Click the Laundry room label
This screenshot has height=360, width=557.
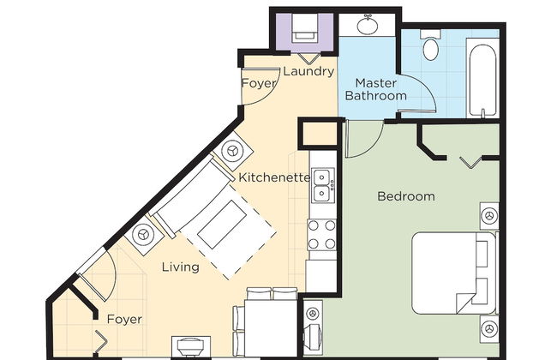coord(308,72)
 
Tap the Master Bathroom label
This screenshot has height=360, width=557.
coord(376,89)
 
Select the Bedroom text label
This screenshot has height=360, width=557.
coord(406,196)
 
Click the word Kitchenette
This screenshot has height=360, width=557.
coord(274,177)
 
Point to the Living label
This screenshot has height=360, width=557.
coord(181,267)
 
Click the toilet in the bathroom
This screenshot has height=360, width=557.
coord(431,45)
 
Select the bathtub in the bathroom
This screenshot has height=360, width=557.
coord(482,80)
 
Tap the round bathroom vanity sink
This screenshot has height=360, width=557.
coord(368,25)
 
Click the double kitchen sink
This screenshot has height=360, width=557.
coord(323,185)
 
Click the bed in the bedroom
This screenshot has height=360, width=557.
coord(454,273)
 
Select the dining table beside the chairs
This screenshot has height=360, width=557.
coord(270,327)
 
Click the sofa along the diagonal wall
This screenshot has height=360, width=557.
coord(193,198)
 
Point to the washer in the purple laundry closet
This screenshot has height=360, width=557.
coord(304,29)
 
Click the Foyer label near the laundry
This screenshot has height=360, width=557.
coord(259,83)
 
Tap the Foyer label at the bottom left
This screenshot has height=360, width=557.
coord(124,319)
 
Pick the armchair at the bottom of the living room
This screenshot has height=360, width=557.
coord(191,345)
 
